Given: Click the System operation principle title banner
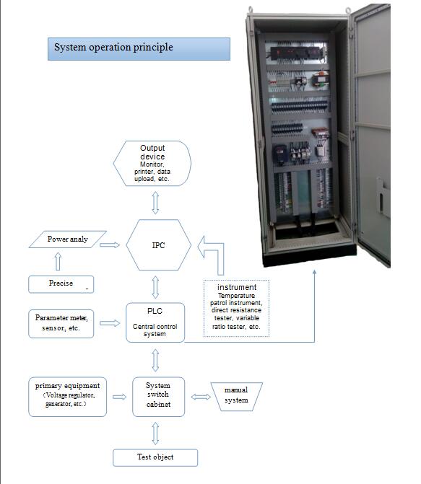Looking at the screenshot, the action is [139, 49].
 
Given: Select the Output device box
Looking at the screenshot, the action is [152, 163].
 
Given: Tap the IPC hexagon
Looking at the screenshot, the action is [159, 245].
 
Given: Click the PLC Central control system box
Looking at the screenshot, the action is [155, 322].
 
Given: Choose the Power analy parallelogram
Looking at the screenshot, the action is [68, 239].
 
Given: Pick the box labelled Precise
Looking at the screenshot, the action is [61, 284].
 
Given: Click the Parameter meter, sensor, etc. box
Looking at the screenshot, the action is [61, 324].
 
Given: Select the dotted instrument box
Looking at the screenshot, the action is [236, 308].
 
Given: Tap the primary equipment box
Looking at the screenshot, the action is [67, 397].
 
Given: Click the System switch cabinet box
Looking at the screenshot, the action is [158, 397].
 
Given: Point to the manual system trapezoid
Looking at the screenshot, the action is [236, 397].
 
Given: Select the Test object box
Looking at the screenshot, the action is [155, 457].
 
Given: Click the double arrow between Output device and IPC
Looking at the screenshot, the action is [155, 203].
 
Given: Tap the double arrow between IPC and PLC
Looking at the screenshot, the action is [155, 287].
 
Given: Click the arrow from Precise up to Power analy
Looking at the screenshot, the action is [58, 262].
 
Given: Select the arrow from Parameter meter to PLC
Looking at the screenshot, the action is [110, 323].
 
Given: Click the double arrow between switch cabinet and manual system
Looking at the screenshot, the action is [201, 397].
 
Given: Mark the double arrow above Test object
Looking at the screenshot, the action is [155, 434].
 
